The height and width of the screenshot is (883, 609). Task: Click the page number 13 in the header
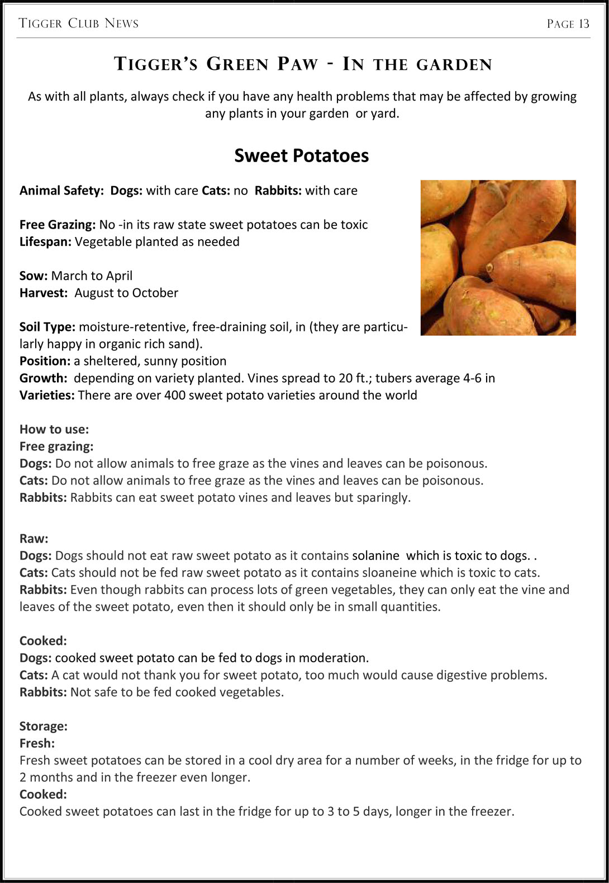pos(584,23)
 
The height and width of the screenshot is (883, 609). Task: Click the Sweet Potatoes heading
pos(301,155)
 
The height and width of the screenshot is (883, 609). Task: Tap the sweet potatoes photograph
pos(498,258)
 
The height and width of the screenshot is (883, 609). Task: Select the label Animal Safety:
pos(61,191)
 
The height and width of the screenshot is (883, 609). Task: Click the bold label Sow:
pos(34,276)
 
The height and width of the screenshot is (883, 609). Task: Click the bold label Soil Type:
pos(47,327)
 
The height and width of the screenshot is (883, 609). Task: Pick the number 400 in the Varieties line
pos(175,395)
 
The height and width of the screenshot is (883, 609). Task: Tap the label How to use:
pos(54,429)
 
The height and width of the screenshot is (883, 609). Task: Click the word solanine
pos(375,556)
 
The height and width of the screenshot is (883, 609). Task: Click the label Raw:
pos(34,539)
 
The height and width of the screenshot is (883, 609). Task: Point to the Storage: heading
pos(44,726)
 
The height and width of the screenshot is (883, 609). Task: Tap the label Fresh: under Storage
pos(37,743)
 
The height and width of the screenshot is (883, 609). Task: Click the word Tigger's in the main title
pos(156,64)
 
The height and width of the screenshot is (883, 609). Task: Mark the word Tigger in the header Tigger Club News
pos(40,23)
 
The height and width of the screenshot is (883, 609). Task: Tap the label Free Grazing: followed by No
pos(58,225)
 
